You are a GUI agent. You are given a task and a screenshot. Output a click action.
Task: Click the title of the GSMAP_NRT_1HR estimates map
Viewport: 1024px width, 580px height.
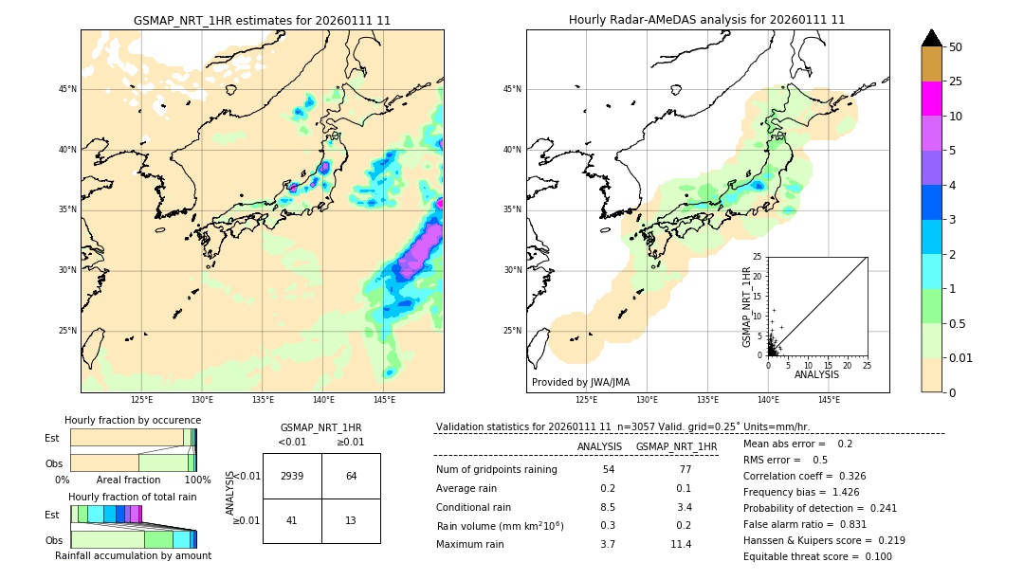pos(262,20)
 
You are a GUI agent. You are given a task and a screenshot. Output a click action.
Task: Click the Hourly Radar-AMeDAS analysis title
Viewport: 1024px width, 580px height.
pos(706,20)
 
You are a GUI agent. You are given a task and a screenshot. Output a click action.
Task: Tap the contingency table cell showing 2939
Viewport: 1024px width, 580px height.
pos(292,476)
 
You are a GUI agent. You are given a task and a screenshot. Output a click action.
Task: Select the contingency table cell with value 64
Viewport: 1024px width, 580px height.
pos(351,476)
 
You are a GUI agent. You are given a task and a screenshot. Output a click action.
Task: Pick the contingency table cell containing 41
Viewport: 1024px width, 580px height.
pos(292,520)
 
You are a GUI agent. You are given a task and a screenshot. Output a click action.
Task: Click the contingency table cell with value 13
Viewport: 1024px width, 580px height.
pos(351,520)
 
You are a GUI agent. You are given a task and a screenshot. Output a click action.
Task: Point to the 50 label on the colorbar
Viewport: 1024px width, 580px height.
pos(956,47)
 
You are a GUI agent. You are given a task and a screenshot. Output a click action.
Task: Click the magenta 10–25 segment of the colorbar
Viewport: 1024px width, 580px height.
pos(931,99)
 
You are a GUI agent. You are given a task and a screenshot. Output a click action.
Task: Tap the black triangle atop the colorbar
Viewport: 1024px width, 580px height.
pos(931,38)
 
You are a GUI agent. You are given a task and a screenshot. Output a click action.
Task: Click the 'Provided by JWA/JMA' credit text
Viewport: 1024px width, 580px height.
pos(580,383)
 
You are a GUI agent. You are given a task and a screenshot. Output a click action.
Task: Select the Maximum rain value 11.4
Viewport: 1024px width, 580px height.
pos(680,544)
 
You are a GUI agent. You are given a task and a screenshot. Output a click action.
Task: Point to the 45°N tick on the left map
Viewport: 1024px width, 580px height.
pos(67,89)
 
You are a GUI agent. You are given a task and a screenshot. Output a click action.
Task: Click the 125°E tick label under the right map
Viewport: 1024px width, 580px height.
pos(587,400)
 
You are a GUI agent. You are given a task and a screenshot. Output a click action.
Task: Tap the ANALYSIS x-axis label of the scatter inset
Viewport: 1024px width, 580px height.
pos(816,374)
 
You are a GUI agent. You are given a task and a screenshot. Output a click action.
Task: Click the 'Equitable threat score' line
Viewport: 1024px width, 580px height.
pos(817,556)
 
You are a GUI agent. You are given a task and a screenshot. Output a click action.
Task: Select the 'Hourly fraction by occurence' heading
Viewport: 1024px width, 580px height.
pos(133,420)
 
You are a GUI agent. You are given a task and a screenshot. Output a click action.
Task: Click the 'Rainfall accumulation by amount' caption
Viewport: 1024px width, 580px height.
pos(133,555)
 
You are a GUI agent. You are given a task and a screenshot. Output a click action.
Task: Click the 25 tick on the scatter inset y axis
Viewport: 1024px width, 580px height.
pos(758,257)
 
